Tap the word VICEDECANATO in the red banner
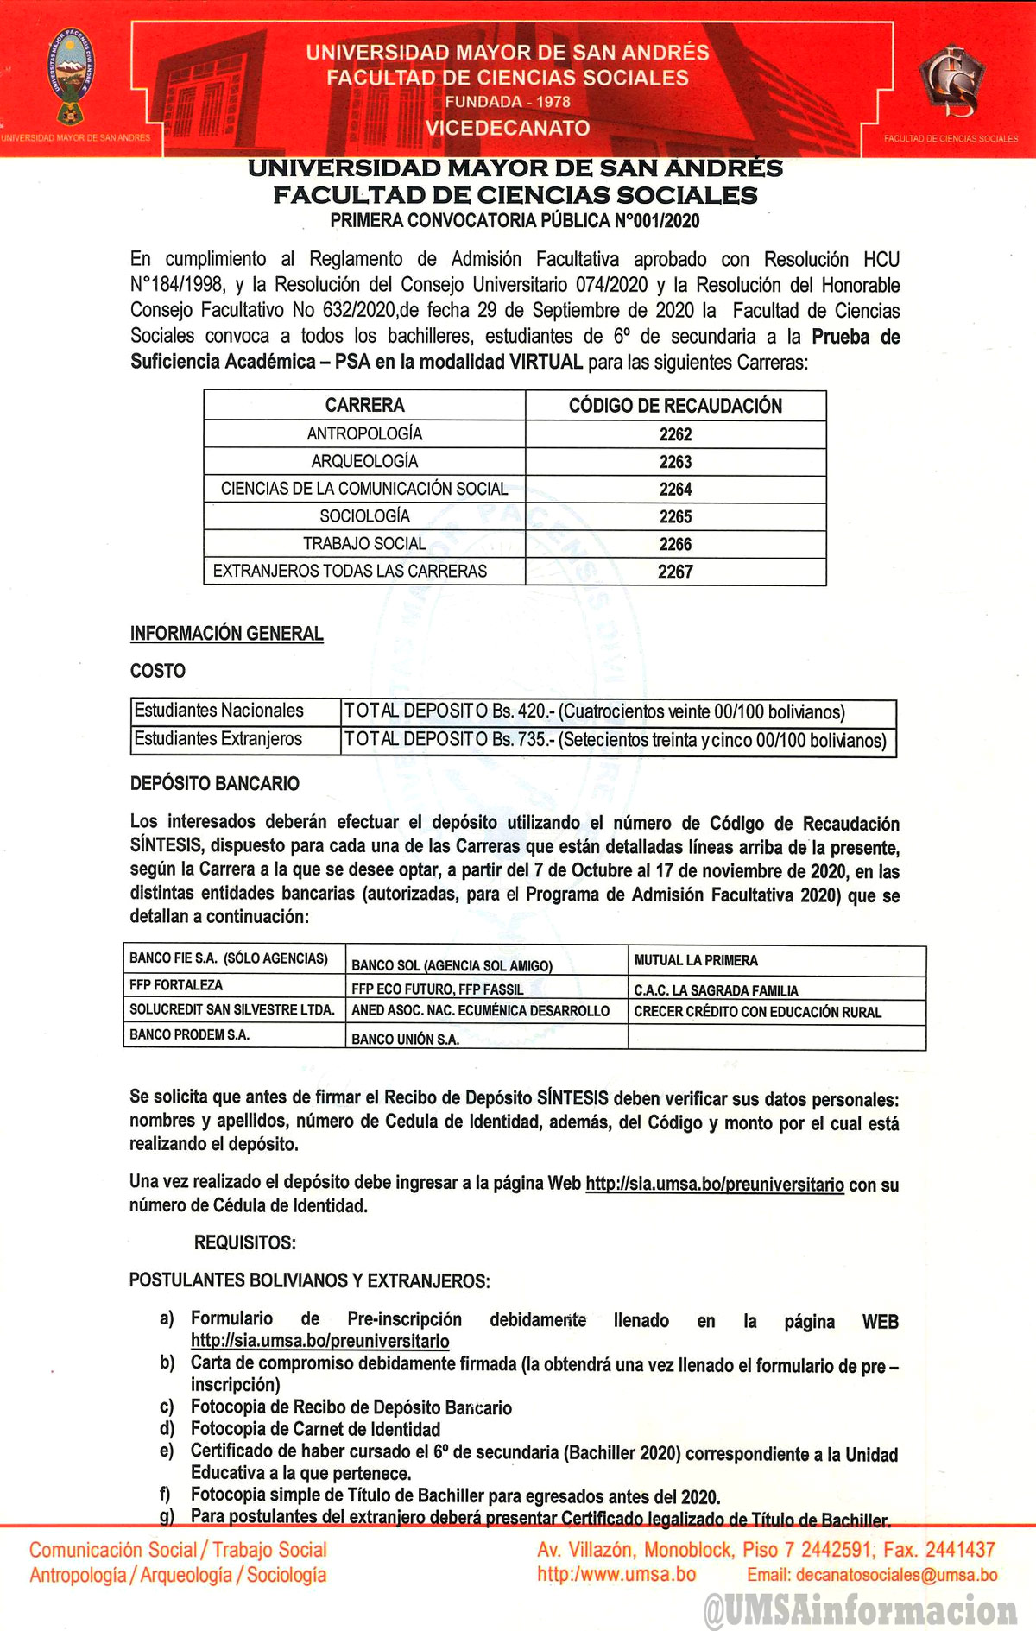[x=508, y=128]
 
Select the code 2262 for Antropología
[x=675, y=434]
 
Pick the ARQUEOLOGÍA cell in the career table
[x=364, y=461]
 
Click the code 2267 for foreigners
[x=675, y=572]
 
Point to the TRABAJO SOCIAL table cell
[x=364, y=544]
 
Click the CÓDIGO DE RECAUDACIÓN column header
[x=675, y=406]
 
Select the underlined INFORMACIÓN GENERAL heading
[x=227, y=634]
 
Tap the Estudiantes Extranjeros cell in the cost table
[x=218, y=739]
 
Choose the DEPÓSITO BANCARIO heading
[x=215, y=784]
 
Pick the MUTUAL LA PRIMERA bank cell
[x=696, y=960]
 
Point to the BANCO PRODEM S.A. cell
[x=189, y=1034]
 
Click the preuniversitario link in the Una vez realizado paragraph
[x=714, y=1184]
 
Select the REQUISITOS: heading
[x=245, y=1242]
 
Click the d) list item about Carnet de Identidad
[x=315, y=1429]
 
